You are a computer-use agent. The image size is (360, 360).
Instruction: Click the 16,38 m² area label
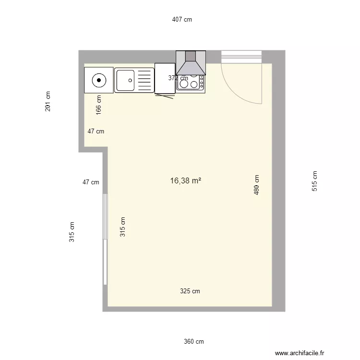185,181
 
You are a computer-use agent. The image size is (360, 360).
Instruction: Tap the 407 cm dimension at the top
182,20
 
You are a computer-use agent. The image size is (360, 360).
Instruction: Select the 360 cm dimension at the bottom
193,342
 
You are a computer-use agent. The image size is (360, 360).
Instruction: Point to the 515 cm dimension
314,181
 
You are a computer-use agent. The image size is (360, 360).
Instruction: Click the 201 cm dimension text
48,101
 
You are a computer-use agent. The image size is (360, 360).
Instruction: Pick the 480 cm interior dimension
257,185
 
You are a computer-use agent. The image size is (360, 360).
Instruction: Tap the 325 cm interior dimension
190,291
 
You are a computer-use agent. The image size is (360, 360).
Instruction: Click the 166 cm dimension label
99,105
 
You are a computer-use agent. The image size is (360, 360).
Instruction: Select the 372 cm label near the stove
178,78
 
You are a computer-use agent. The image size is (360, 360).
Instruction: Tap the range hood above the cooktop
191,63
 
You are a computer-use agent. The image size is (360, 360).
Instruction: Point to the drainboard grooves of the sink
144,80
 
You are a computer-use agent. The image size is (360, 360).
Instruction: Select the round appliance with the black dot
98,80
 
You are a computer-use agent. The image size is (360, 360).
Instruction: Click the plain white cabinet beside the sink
165,78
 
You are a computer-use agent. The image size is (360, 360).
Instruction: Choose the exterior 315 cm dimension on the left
72,231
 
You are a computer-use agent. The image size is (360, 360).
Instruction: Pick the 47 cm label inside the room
96,131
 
